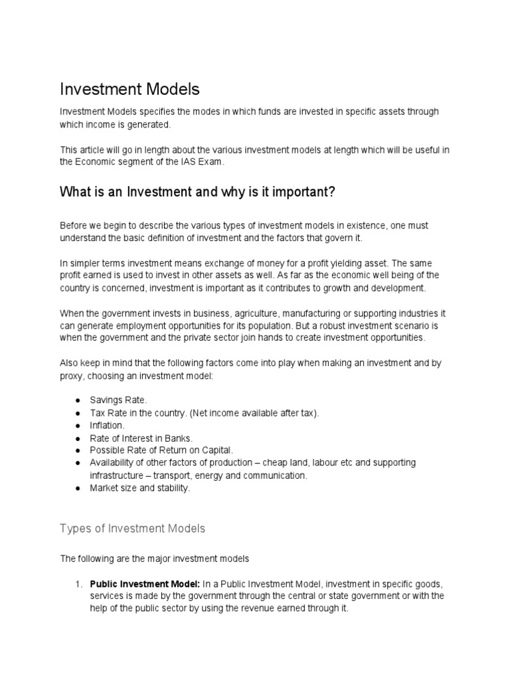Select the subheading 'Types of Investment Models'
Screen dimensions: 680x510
point(132,529)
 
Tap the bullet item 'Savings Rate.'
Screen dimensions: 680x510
point(116,400)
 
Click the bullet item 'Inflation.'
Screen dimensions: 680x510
point(107,426)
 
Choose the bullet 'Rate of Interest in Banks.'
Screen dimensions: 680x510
point(141,438)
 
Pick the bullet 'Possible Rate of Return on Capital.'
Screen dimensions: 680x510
point(157,450)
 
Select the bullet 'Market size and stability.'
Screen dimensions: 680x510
point(139,488)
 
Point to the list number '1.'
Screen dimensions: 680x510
point(78,584)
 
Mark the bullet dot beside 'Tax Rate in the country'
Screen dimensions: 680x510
point(78,413)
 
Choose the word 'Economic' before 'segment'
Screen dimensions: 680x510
point(96,162)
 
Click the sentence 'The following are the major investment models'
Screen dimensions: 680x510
point(154,558)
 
